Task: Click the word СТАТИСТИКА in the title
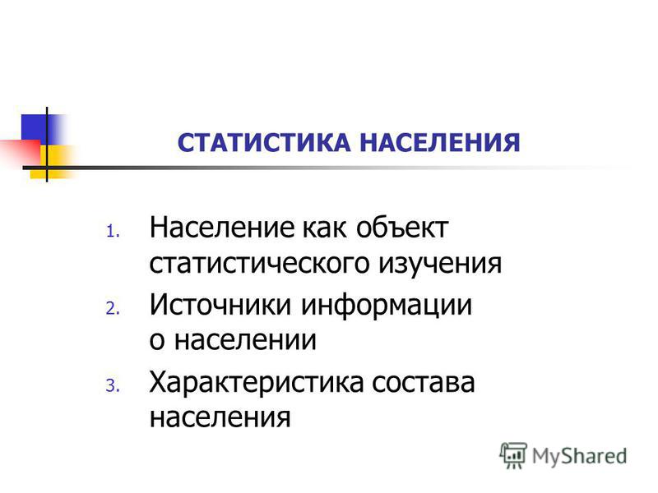tap(264, 142)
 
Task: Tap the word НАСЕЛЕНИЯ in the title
tap(440, 142)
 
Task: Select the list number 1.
tap(113, 232)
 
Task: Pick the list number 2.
tap(113, 309)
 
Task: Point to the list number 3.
tap(113, 385)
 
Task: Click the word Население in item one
tap(222, 228)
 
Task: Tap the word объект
tap(402, 228)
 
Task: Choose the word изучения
tap(440, 264)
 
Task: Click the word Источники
tap(220, 304)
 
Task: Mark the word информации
tap(387, 305)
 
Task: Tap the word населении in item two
tap(245, 340)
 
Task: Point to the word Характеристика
tap(256, 382)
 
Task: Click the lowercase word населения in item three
tap(220, 417)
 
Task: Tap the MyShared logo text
tap(580, 456)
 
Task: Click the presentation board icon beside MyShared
tap(513, 455)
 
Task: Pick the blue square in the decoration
tap(38, 129)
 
